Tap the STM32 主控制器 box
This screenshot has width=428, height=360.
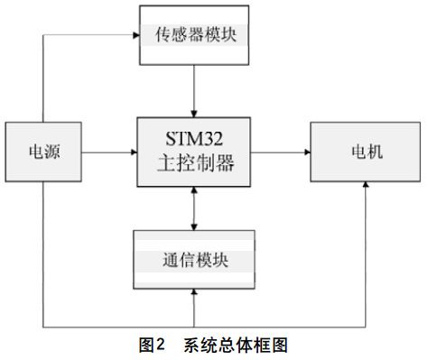point(193,150)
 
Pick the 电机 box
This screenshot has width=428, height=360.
point(367,150)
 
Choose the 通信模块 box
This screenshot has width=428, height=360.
point(193,261)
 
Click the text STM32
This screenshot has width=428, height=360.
point(193,139)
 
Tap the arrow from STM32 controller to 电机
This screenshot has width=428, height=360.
point(280,150)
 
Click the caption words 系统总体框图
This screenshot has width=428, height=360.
point(235,345)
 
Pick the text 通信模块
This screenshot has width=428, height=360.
point(193,261)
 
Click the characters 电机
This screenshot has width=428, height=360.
point(367,150)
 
